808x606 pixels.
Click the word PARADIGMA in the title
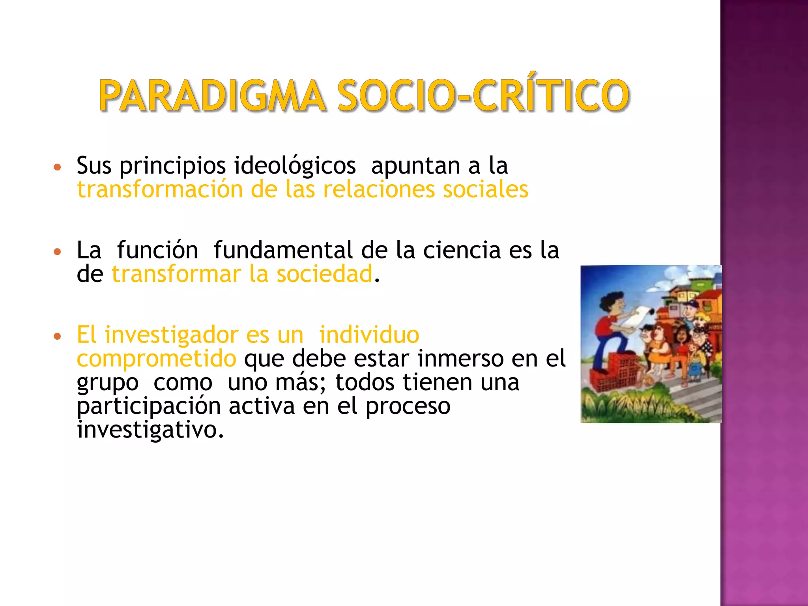(x=212, y=95)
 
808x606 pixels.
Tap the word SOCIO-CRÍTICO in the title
(x=483, y=95)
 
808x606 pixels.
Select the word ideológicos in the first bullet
(x=295, y=165)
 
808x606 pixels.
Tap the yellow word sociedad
(x=324, y=274)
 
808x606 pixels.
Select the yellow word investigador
(x=172, y=335)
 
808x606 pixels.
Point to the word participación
(x=149, y=406)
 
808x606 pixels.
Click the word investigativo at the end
(x=150, y=430)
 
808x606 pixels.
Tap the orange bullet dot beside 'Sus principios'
(x=58, y=167)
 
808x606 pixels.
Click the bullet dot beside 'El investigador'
(x=58, y=337)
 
